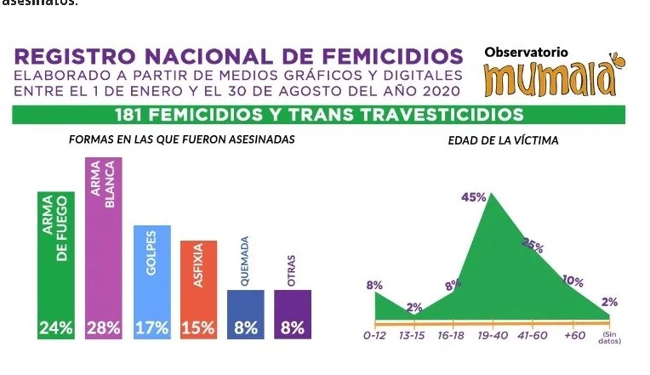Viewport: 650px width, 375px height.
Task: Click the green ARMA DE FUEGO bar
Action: click(x=56, y=264)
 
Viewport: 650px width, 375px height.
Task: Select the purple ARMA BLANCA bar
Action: click(x=103, y=247)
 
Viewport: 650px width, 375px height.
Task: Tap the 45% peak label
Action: click(x=473, y=197)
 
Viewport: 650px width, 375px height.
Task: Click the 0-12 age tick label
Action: click(x=375, y=337)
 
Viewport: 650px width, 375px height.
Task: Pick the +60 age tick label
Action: click(x=575, y=337)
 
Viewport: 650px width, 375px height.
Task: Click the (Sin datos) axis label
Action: click(x=610, y=338)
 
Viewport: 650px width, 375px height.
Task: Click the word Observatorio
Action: click(x=526, y=52)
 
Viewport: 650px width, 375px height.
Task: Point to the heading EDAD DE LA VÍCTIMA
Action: click(x=504, y=140)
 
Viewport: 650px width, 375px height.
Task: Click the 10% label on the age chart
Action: click(x=573, y=281)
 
